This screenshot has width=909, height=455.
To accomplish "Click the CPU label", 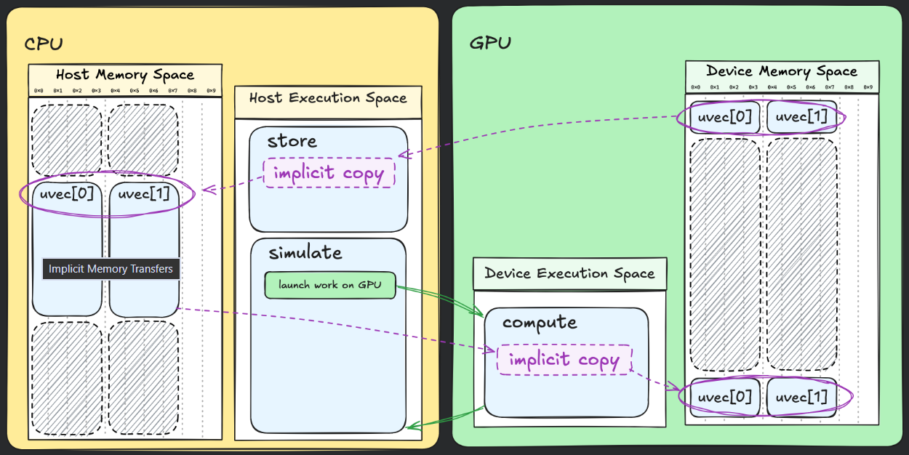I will (x=44, y=44).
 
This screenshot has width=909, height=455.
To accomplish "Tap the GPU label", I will (x=490, y=43).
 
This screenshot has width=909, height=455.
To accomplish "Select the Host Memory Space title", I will (x=125, y=75).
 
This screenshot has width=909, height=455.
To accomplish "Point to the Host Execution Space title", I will (x=328, y=98).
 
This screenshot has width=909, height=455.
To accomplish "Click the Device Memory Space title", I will (x=782, y=71).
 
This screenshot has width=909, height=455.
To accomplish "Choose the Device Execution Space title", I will (x=569, y=274).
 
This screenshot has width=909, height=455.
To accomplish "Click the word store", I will (x=292, y=141).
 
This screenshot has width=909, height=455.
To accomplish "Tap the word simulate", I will (x=305, y=253).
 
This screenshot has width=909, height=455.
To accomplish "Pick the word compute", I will (x=540, y=322).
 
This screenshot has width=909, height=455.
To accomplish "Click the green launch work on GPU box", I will (x=330, y=285).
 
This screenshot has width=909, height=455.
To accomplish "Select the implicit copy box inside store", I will (x=329, y=173).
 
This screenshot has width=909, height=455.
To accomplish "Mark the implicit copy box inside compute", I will (x=564, y=360).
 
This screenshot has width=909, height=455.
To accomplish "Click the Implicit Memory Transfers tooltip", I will (x=111, y=269).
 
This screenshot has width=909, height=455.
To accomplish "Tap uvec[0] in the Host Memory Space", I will (x=68, y=195).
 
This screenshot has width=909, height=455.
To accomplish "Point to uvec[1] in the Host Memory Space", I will (x=144, y=195).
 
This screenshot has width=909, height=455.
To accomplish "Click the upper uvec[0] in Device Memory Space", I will (x=725, y=117).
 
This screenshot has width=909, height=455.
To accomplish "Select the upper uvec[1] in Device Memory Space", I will (x=801, y=117).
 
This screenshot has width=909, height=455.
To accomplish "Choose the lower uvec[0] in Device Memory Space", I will (x=725, y=398).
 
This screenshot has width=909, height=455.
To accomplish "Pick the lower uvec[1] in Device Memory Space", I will (x=801, y=398).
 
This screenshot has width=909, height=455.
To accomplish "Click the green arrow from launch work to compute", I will (x=444, y=299).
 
